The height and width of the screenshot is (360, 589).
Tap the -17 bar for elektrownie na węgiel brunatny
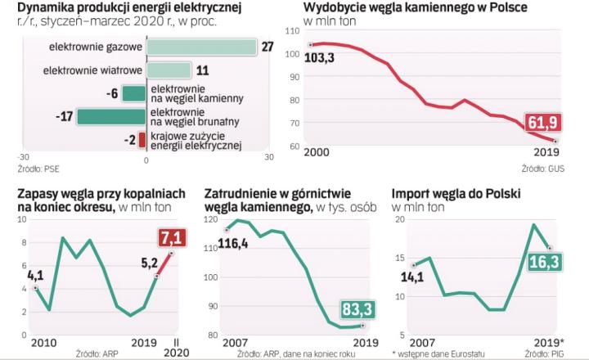(x=111, y=116)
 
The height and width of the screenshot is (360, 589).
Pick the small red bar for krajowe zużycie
(x=142, y=140)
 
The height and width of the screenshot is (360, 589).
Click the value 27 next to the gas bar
(x=267, y=47)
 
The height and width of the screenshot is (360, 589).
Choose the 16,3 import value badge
(x=542, y=263)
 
